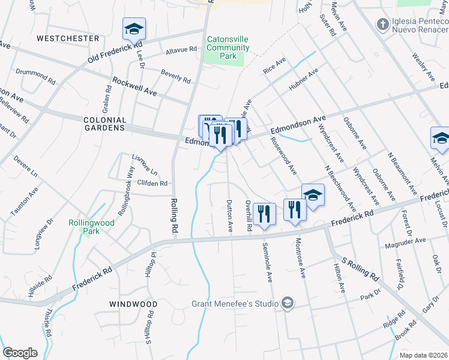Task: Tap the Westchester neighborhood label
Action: click(67, 38)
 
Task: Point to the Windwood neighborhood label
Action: click(133, 304)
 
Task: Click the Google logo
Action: click(20, 353)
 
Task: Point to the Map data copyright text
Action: click(423, 355)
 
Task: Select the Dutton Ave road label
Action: click(229, 217)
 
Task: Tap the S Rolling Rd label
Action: click(360, 270)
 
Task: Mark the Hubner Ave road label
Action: click(306, 83)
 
